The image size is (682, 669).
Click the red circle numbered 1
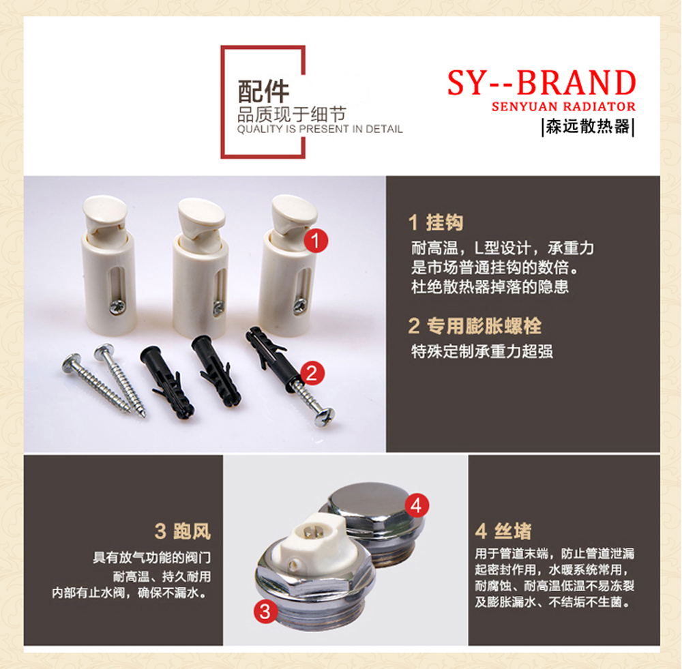pyautogui.click(x=316, y=241)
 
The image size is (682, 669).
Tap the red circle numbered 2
pyautogui.click(x=312, y=373)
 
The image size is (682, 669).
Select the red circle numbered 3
pyautogui.click(x=265, y=612)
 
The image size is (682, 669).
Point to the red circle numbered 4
pyautogui.click(x=416, y=506)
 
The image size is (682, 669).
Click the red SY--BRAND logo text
pyautogui.click(x=542, y=83)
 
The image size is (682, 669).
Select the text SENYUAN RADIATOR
pyautogui.click(x=564, y=106)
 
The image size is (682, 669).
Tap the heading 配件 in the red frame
pyautogui.click(x=263, y=91)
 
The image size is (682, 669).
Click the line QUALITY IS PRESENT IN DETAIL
pyautogui.click(x=320, y=129)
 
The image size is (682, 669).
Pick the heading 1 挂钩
pyautogui.click(x=436, y=222)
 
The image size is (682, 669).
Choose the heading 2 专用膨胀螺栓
pyautogui.click(x=475, y=326)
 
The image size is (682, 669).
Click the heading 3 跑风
pyautogui.click(x=183, y=531)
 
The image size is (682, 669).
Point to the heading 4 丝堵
pyautogui.click(x=503, y=531)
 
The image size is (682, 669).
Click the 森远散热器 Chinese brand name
pyautogui.click(x=588, y=127)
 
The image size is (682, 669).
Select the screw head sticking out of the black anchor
pyautogui.click(x=325, y=415)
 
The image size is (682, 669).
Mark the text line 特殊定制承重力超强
pyautogui.click(x=482, y=351)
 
